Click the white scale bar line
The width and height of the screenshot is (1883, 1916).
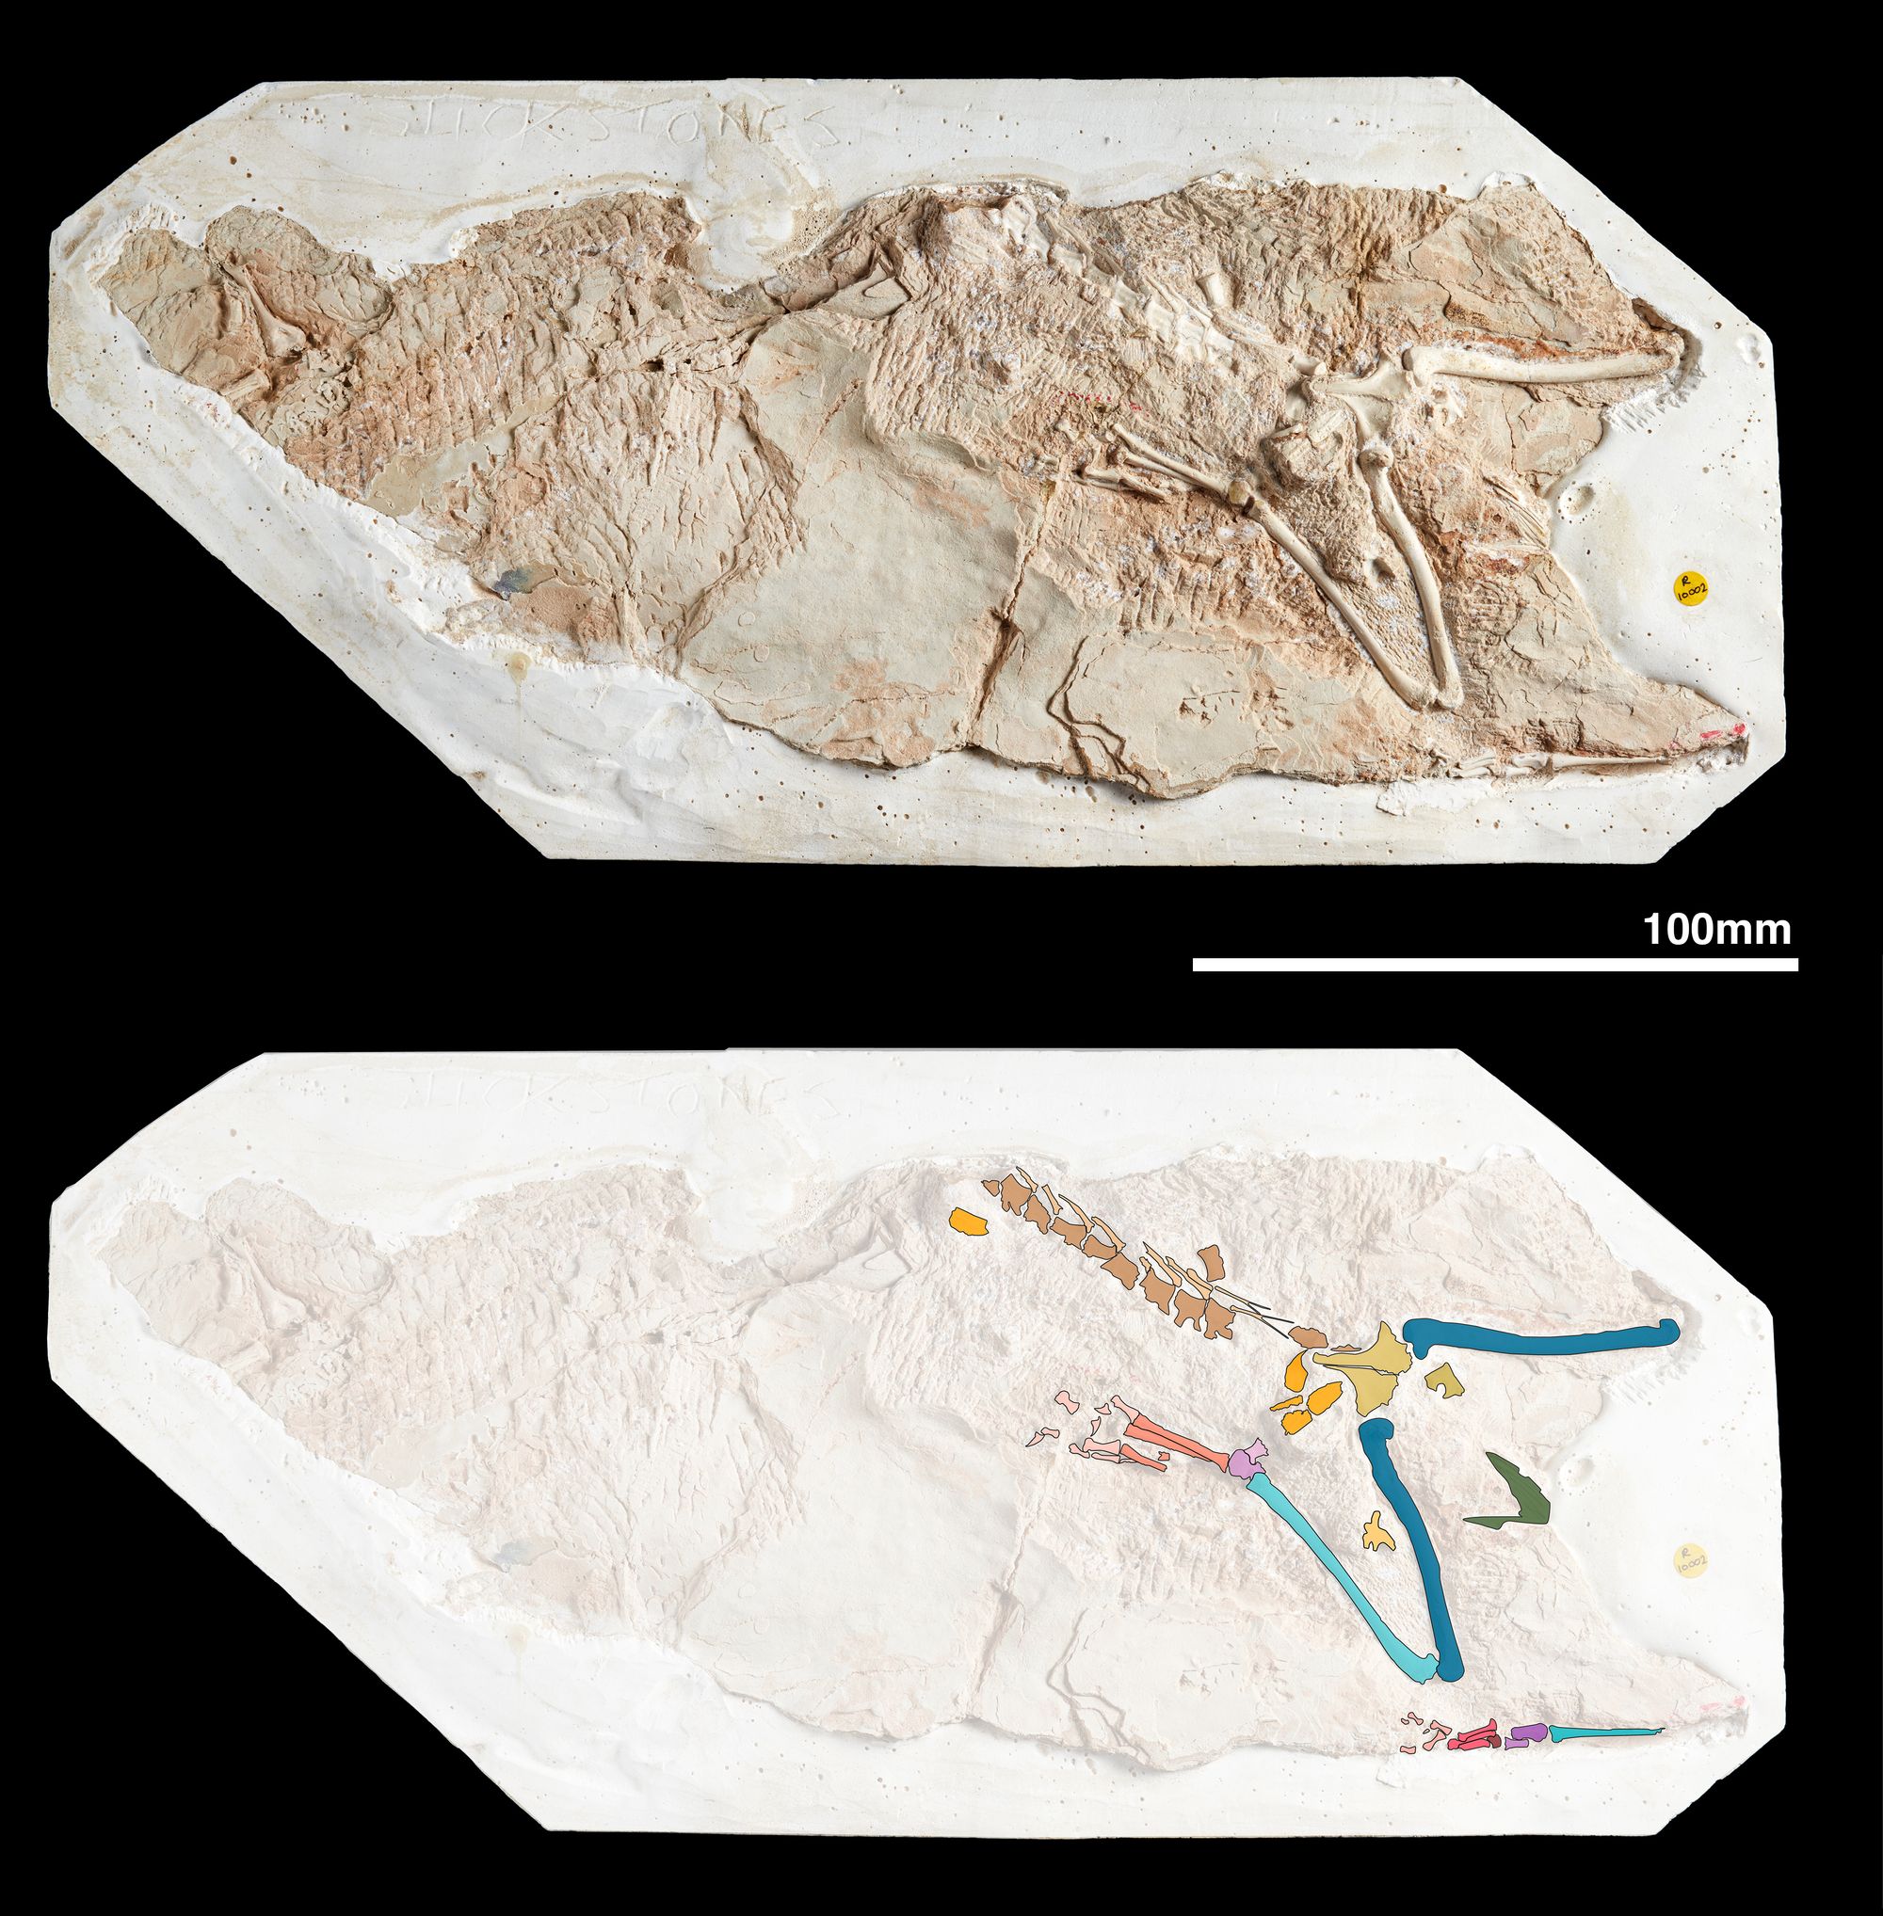click(x=1493, y=964)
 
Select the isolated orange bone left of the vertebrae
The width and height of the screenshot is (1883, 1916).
click(x=969, y=1222)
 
